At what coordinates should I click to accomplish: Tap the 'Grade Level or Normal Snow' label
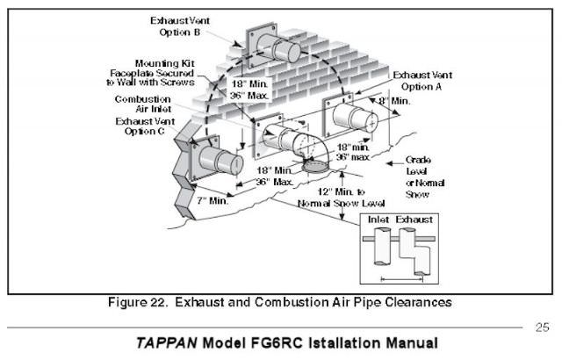(x=425, y=176)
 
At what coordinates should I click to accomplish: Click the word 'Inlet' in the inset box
(x=378, y=218)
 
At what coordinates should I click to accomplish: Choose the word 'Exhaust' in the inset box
(x=414, y=218)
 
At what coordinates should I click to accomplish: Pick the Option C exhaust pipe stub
(x=220, y=162)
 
